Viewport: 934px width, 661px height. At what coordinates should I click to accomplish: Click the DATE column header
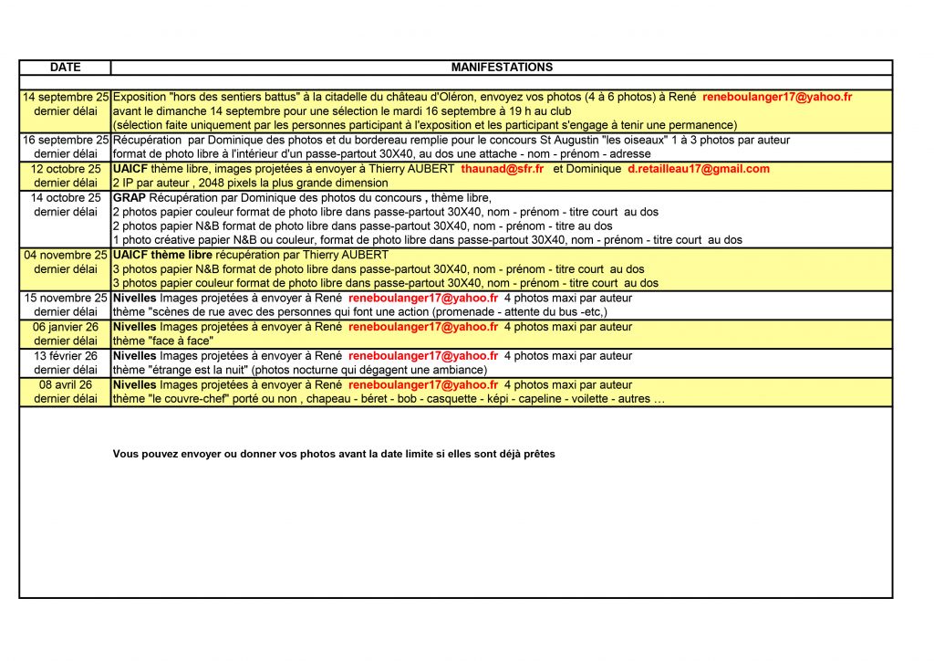(x=65, y=68)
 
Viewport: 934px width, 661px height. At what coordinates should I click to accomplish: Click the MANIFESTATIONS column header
(x=502, y=68)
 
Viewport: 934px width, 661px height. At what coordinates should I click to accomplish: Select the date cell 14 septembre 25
(x=66, y=96)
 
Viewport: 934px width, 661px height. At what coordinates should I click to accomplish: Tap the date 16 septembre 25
(x=66, y=140)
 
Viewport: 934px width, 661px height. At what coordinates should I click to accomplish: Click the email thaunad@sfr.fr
(x=503, y=169)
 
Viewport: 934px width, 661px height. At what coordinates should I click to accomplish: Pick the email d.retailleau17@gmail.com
(x=699, y=169)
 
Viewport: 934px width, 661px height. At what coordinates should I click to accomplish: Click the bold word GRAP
(x=128, y=198)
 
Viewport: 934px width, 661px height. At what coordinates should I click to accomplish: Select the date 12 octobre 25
(x=66, y=169)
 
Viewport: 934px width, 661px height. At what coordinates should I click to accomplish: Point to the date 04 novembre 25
(x=66, y=255)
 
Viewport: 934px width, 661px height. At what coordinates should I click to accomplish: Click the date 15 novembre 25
(x=66, y=298)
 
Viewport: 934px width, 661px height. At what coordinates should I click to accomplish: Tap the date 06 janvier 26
(x=66, y=327)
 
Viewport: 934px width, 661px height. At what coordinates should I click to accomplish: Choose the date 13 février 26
(x=66, y=356)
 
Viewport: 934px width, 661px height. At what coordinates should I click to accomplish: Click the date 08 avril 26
(x=66, y=385)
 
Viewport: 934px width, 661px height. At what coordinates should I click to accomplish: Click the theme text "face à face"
(x=179, y=341)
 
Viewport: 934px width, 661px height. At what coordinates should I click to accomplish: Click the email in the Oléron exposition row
(x=777, y=96)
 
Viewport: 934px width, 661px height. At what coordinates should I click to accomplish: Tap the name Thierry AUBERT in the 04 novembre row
(x=347, y=255)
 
